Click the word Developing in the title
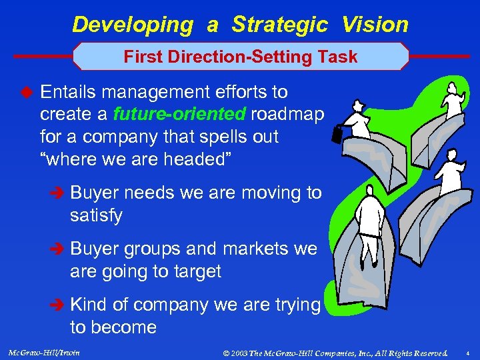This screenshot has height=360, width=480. [132, 25]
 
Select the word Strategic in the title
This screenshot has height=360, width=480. [279, 25]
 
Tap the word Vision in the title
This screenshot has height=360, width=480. [375, 25]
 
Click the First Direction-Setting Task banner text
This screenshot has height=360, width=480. [241, 57]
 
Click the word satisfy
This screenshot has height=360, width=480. [96, 216]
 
